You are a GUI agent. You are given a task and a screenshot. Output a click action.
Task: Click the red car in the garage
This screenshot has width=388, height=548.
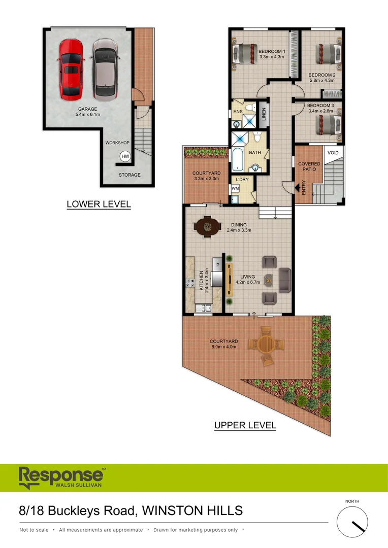tap(71, 69)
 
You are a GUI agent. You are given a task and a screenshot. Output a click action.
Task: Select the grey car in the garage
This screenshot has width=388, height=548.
tap(105, 69)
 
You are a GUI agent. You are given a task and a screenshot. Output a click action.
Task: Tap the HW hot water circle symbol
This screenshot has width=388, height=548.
tap(125, 157)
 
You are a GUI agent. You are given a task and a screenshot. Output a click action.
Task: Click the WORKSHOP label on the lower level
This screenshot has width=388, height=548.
tap(117, 143)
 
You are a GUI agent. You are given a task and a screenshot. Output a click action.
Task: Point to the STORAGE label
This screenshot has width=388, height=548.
tap(130, 175)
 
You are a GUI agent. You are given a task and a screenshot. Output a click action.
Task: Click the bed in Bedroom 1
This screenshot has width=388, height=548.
tap(246, 53)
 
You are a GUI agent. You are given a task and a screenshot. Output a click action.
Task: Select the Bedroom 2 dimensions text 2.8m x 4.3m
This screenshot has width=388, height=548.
tap(322, 80)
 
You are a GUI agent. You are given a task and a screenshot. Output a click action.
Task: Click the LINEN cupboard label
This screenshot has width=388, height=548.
tap(264, 114)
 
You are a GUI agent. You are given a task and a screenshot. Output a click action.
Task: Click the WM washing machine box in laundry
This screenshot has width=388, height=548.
tap(235, 188)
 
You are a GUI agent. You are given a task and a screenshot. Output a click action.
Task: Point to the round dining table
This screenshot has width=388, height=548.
tap(208, 226)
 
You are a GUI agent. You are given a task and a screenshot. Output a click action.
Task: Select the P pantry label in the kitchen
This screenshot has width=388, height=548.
tap(217, 265)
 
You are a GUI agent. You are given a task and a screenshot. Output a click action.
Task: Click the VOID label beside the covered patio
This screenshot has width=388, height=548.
tap(333, 153)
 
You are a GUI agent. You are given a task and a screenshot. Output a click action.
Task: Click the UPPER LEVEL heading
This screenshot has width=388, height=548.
tap(245, 425)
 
